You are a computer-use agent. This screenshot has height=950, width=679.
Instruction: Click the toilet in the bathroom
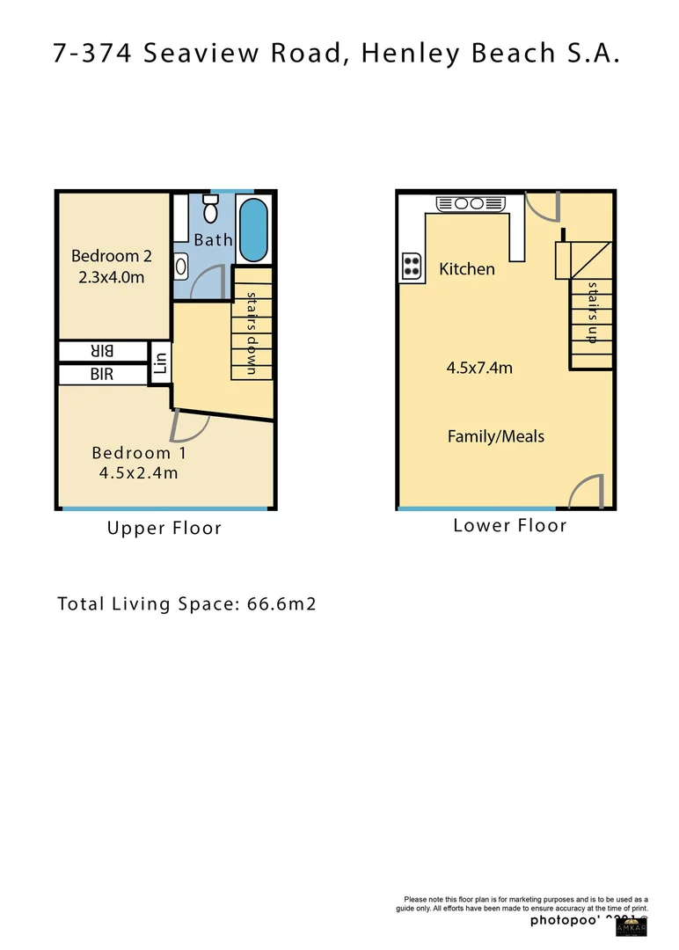(x=210, y=210)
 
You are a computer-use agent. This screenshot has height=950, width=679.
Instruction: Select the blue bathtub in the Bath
(x=253, y=230)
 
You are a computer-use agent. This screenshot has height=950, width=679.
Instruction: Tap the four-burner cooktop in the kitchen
(x=412, y=266)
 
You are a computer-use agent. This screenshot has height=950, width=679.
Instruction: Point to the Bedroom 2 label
(x=112, y=256)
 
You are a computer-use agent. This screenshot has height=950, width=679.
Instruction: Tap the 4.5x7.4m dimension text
(x=479, y=368)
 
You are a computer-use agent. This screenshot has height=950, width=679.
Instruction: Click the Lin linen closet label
(x=160, y=362)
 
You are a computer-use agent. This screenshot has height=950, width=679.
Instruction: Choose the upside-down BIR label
(x=102, y=351)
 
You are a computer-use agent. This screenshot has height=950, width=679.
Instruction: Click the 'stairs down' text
(x=252, y=333)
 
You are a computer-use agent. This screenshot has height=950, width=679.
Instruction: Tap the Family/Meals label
(x=496, y=436)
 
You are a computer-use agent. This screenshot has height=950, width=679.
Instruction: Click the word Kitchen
(x=467, y=269)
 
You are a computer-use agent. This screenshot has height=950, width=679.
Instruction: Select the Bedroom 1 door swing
(x=190, y=426)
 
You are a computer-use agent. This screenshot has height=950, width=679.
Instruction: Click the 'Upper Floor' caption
(x=164, y=529)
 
